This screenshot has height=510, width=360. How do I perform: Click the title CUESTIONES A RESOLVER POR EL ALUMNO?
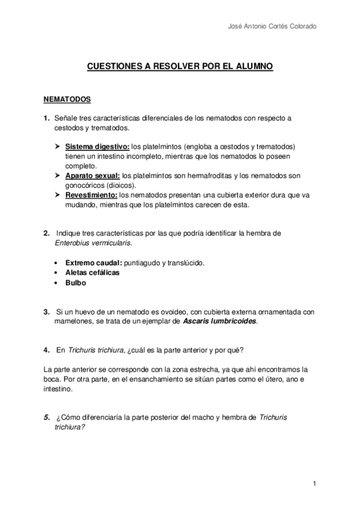click(x=180, y=69)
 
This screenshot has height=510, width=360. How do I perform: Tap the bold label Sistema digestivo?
click(x=97, y=147)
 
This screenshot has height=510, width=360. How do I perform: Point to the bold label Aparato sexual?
click(x=93, y=176)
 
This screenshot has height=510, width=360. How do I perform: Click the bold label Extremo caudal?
click(x=93, y=263)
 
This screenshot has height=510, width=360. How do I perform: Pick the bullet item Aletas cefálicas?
click(x=93, y=272)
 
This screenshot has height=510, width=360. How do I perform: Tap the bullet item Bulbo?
click(x=76, y=282)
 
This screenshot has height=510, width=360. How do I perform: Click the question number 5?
click(x=46, y=418)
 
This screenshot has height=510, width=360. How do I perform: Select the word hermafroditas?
click(x=203, y=176)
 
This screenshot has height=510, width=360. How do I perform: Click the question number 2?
click(x=46, y=233)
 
